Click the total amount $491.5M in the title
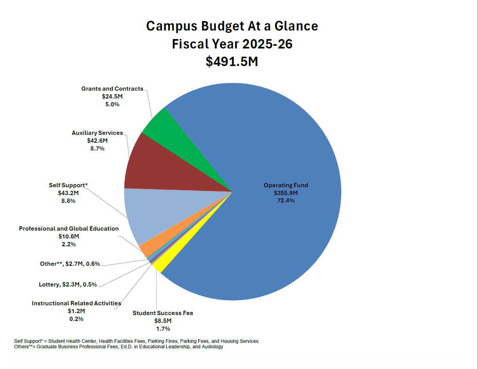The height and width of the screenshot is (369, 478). [x=232, y=61]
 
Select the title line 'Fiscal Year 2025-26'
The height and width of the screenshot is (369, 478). [x=232, y=44]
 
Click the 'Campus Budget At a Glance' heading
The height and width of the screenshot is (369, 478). [x=232, y=26]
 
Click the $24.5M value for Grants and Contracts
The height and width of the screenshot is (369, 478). [x=112, y=97]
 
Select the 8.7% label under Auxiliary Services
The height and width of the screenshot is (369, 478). [x=97, y=149]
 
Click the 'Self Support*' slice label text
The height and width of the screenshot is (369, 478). [x=68, y=185]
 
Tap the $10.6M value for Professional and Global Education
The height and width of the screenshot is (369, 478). [x=69, y=236]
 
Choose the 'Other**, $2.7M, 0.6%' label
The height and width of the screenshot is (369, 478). [x=70, y=264]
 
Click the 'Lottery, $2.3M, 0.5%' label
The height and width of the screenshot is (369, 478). [x=68, y=285]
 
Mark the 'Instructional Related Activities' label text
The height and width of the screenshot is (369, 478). [x=76, y=303]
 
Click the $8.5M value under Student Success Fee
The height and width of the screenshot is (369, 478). [x=163, y=321]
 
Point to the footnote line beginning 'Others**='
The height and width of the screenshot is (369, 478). [x=118, y=347]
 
